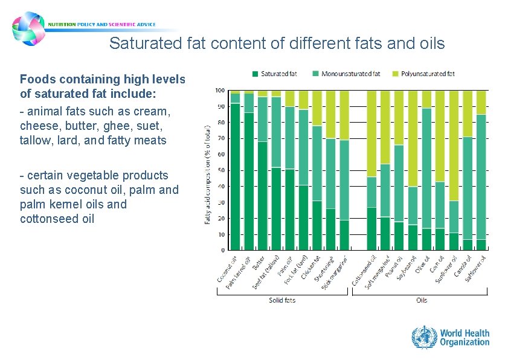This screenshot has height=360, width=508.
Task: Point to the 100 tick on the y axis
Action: [x=220, y=91]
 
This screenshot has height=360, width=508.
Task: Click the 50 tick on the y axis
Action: [x=221, y=170]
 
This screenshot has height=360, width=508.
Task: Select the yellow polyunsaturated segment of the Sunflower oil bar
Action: [x=454, y=146]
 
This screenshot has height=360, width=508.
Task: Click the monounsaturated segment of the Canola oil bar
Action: [x=468, y=188]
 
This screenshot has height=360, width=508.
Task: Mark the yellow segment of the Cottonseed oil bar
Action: [x=371, y=133]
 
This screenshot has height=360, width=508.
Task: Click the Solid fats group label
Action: [x=281, y=300]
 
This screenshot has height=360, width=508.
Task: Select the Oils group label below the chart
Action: [x=422, y=300]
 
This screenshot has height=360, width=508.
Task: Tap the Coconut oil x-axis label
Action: [x=227, y=269]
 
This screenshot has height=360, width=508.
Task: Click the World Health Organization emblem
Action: [x=423, y=337]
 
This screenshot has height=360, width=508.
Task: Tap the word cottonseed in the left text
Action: [x=51, y=219]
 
